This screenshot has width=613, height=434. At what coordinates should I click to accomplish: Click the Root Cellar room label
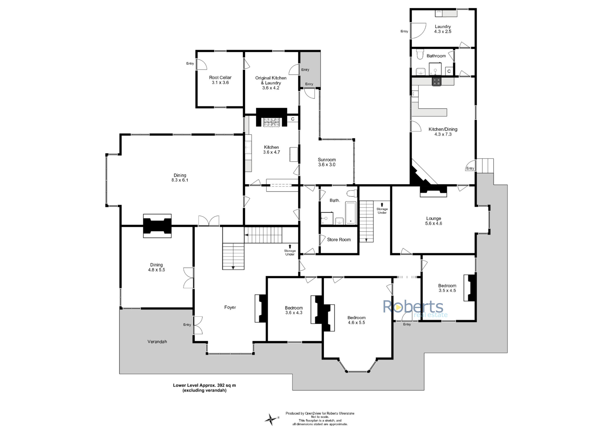pyautogui.click(x=220, y=78)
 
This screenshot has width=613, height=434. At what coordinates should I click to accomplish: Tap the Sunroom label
pyautogui.click(x=327, y=160)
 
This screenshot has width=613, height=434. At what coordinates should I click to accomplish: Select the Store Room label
pyautogui.click(x=339, y=240)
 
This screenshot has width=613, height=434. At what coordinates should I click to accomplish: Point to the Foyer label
pyautogui.click(x=230, y=307)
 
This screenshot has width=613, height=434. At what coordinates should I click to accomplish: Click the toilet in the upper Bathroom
pyautogui.click(x=420, y=54)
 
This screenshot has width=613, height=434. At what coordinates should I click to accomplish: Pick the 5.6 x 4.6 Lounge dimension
pyautogui.click(x=434, y=223)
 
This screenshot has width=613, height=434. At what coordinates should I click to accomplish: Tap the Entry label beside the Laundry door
pyautogui.click(x=404, y=31)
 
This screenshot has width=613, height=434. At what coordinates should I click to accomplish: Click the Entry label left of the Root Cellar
pyautogui.click(x=190, y=63)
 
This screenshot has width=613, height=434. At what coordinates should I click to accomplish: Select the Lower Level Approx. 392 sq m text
pyautogui.click(x=205, y=385)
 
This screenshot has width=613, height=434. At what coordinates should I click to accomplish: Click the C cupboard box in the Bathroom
pyautogui.click(x=449, y=71)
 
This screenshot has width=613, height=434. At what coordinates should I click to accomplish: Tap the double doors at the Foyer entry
pyautogui.click(x=198, y=325)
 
